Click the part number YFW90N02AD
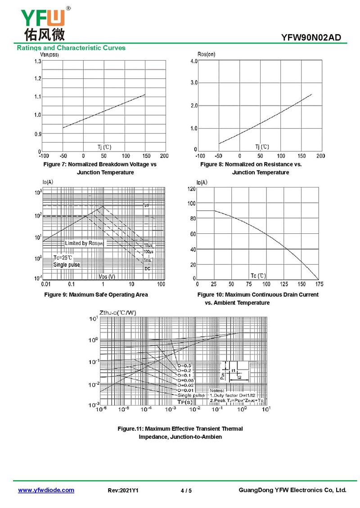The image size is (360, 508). coord(314,38)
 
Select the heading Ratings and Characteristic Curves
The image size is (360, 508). coord(71,48)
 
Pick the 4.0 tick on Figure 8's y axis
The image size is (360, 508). coord(193,61)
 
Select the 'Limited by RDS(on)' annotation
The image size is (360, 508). coord(84,243)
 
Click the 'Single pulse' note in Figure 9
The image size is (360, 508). coord(67,265)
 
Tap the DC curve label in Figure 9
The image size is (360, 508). coord(147,268)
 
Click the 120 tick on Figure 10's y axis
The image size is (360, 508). coord(191,189)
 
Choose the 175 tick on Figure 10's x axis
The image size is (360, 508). coord(319,284)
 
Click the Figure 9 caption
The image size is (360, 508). coord(95,294)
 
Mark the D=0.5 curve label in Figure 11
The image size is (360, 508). coord(184,365)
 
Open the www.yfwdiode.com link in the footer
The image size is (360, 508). coord(46,490)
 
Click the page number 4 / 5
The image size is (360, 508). coord(186,490)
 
